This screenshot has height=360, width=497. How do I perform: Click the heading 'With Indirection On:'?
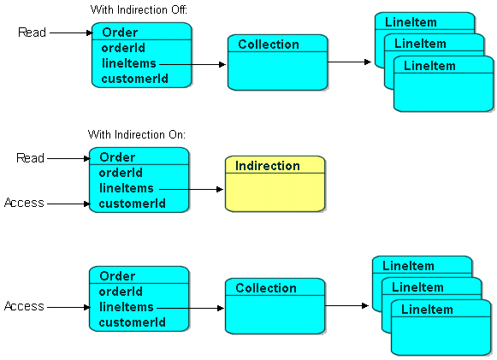[136, 135]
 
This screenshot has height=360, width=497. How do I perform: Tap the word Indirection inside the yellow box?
[268, 166]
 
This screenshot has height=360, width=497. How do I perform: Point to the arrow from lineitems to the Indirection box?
[190, 189]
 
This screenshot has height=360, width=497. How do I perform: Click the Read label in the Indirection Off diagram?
[33, 32]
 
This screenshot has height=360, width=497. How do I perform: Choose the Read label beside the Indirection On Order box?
[31, 158]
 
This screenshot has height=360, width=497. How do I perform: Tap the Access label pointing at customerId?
[24, 204]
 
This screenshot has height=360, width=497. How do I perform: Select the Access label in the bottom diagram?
[24, 306]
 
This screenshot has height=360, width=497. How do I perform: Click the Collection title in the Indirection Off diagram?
[269, 44]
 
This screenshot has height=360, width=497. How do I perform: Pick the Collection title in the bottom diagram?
[266, 288]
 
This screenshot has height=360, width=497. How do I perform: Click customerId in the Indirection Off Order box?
[134, 79]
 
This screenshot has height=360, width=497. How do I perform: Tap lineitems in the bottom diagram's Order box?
[127, 307]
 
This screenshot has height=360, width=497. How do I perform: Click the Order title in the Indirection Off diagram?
[119, 32]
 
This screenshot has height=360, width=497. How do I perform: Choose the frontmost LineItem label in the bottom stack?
[427, 309]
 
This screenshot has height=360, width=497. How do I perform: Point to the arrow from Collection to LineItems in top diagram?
[350, 62]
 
